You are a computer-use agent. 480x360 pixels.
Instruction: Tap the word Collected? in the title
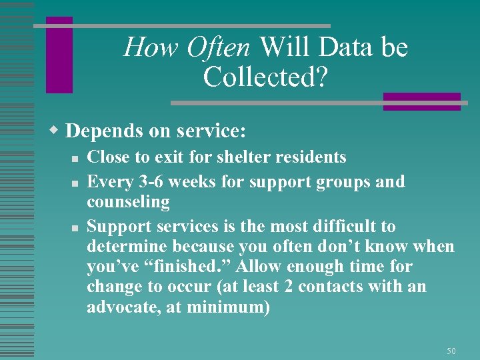pyautogui.click(x=265, y=77)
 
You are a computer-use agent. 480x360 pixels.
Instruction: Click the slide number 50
pyautogui.click(x=451, y=351)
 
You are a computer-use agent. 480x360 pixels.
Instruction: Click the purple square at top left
pyautogui.click(x=59, y=55)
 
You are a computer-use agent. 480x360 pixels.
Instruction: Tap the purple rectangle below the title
pyautogui.click(x=421, y=101)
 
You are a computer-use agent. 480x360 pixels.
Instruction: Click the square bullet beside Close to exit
pyautogui.click(x=77, y=159)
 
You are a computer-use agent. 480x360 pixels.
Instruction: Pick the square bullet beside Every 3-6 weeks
pyautogui.click(x=77, y=183)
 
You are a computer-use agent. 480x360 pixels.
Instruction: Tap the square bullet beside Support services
pyautogui.click(x=77, y=227)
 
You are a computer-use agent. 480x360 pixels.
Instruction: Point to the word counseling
pyautogui.click(x=128, y=202)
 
